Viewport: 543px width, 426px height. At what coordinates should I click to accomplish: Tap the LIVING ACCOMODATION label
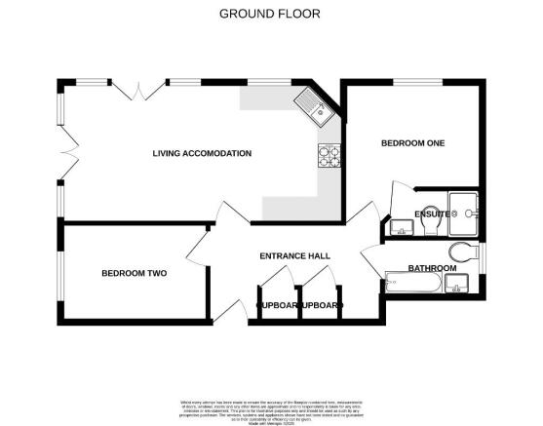click(202, 154)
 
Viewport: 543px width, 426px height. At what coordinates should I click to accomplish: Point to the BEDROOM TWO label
click(134, 274)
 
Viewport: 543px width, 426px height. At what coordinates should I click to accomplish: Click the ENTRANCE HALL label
click(293, 256)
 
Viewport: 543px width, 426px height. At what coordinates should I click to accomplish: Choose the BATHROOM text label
click(431, 268)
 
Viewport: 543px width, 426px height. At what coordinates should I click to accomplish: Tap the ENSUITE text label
click(432, 213)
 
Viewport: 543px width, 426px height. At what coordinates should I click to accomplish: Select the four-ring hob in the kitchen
click(327, 155)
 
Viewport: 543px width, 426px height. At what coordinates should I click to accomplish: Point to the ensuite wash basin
click(401, 230)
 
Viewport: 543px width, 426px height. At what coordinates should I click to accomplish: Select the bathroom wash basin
click(458, 284)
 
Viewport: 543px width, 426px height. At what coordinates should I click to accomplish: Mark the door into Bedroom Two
click(200, 244)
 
